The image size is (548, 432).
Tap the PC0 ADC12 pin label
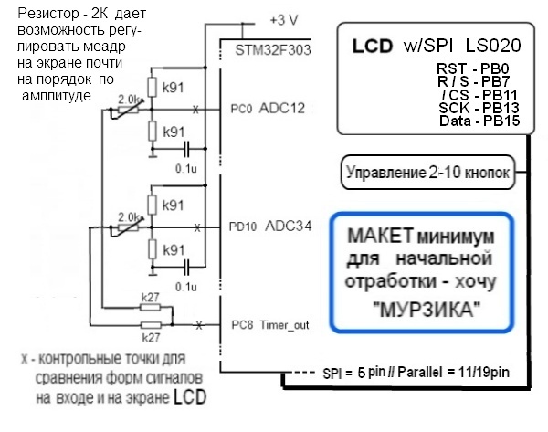271,110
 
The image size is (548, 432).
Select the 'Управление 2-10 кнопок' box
426,170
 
